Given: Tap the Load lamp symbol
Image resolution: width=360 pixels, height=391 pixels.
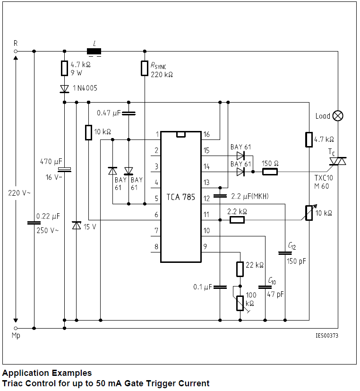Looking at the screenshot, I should (x=338, y=116).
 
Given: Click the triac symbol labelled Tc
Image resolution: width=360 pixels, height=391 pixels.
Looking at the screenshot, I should (x=338, y=162).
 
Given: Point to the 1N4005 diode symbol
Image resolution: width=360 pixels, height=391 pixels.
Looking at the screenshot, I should (x=64, y=88).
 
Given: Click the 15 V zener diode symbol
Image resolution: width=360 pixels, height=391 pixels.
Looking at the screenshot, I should (x=76, y=226).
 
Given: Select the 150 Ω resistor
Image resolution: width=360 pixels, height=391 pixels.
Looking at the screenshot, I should (x=270, y=172).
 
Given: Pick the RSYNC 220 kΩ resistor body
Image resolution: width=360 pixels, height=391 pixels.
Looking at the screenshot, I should (x=145, y=69).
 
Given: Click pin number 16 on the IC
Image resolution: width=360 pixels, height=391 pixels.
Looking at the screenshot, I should (x=206, y=135).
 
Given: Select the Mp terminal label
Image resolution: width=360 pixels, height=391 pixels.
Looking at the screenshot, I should (x=16, y=337).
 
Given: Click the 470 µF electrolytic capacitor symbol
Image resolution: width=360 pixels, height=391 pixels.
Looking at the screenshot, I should (x=64, y=170).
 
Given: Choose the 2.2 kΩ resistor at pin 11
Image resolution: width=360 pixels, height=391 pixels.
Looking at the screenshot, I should (x=237, y=220).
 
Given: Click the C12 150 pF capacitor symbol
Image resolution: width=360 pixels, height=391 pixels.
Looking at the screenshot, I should (x=285, y=253).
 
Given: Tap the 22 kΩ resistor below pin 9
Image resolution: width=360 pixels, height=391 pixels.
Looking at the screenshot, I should (x=240, y=269).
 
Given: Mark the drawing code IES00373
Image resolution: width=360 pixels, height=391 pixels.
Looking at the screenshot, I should (x=326, y=336).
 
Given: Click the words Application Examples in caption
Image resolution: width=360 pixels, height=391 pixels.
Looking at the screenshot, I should (x=47, y=373).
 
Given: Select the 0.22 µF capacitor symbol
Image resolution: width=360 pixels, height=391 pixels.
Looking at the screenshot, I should (x=34, y=223).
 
